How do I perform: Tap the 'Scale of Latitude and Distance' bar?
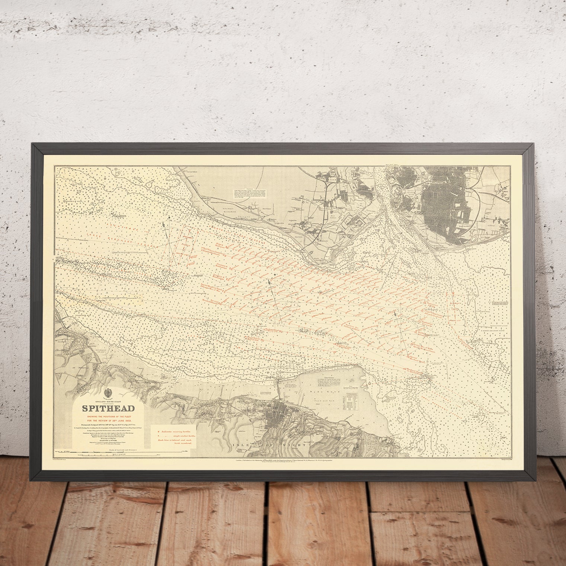(112, 451)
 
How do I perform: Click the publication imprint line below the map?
(316, 460)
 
